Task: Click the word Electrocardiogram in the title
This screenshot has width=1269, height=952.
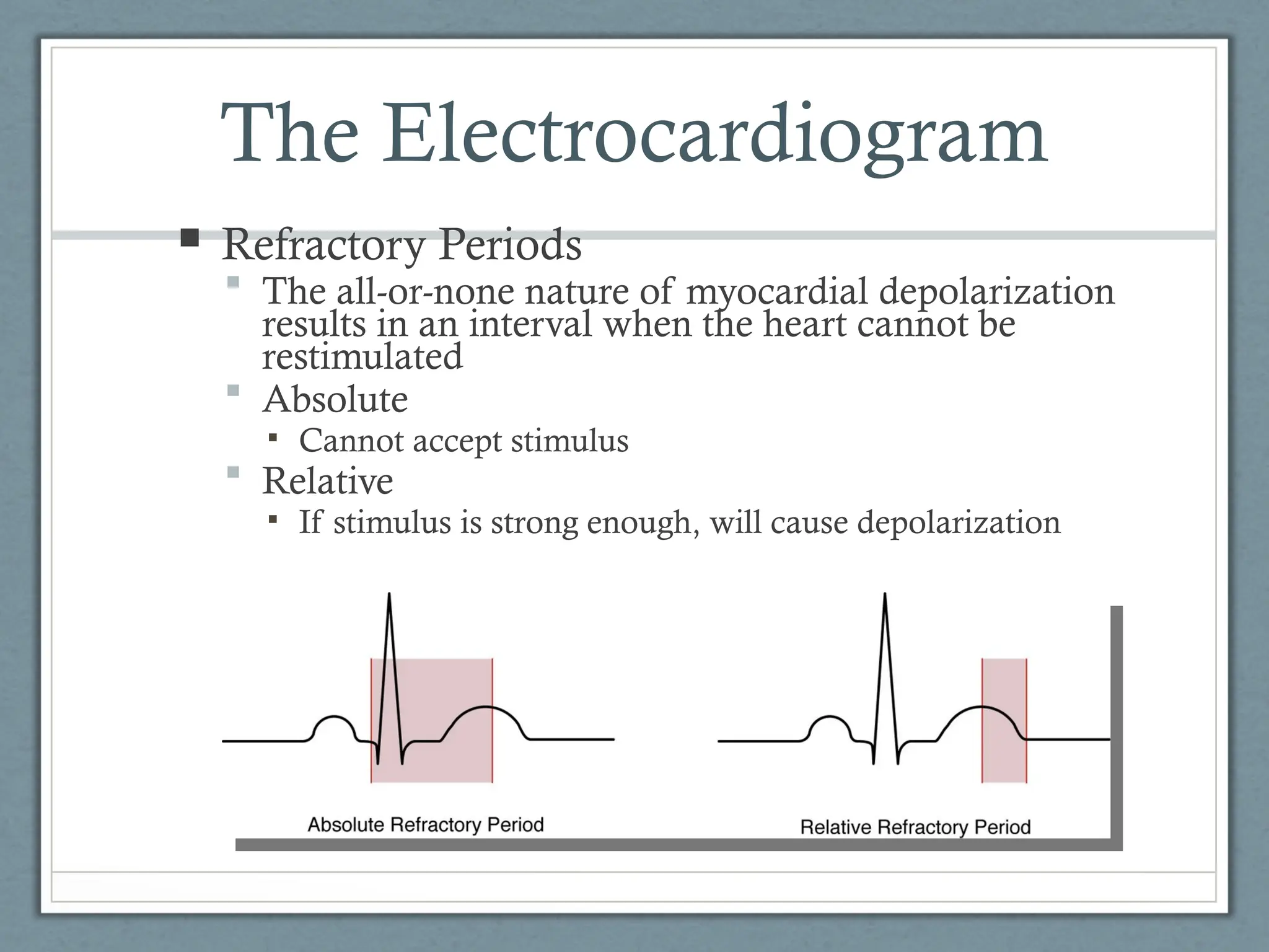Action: click(714, 135)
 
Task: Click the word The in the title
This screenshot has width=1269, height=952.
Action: click(290, 135)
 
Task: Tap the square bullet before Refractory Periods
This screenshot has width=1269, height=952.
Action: click(190, 238)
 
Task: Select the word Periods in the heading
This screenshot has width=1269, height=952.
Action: click(510, 244)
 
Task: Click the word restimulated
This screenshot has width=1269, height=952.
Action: click(362, 357)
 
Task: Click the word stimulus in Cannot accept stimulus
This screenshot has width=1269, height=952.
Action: click(569, 441)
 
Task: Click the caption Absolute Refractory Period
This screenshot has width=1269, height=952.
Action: click(426, 825)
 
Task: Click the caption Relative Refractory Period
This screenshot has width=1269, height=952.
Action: click(915, 827)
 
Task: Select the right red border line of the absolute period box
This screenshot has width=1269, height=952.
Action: click(492, 719)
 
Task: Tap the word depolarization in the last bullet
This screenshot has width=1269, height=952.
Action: click(959, 522)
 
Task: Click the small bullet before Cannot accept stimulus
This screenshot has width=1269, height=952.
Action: click(273, 438)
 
